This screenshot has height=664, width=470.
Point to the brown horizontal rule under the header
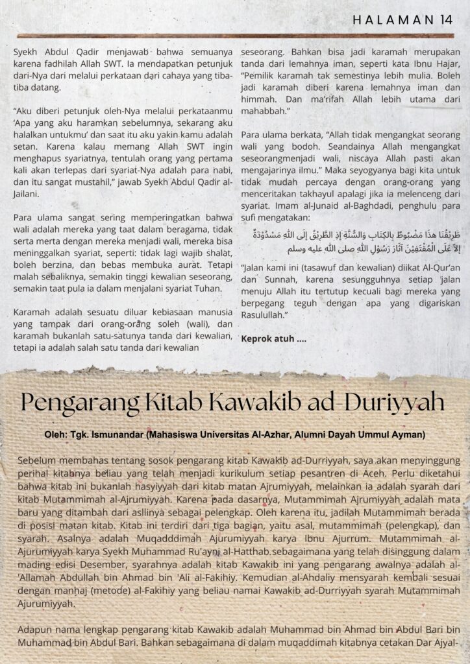tap(235, 35)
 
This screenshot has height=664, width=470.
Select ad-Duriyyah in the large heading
tap(384, 402)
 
